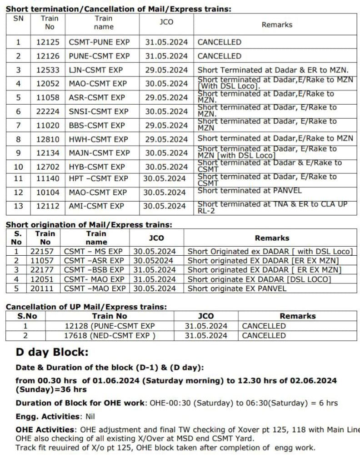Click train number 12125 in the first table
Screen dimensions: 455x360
[48, 42]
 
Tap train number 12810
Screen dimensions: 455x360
[48, 139]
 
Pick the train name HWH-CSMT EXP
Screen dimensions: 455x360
[98, 139]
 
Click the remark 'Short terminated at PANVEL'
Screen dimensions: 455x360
[250, 191]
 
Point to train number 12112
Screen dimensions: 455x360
[48, 206]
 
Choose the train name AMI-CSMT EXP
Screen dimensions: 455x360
[96, 206]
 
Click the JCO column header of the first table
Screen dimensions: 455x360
[166, 22]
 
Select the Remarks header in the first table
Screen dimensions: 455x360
[277, 25]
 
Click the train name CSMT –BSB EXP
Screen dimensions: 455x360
[94, 270]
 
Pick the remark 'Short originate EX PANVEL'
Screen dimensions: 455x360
[237, 288]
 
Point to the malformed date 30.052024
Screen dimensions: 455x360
[153, 261]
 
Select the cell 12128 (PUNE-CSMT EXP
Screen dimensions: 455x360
[110, 326]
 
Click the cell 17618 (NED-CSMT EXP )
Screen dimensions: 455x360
[110, 336]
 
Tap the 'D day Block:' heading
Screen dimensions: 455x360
[52, 352]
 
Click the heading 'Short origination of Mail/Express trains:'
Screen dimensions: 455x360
[89, 224]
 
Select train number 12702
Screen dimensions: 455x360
[48, 167]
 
